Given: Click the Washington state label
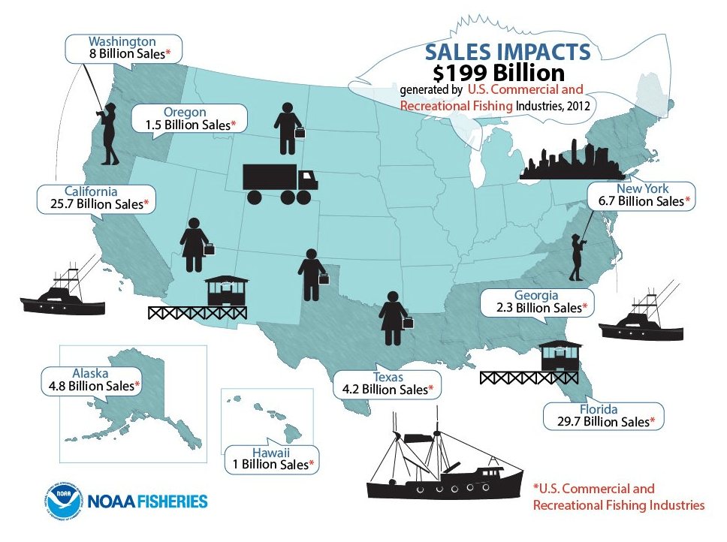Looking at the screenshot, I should tap(122, 41).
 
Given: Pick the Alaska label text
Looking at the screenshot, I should tap(90, 372).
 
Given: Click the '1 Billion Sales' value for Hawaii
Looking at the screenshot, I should tap(269, 464).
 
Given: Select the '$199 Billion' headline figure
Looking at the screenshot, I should tap(499, 73).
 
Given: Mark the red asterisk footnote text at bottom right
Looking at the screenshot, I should tap(618, 497).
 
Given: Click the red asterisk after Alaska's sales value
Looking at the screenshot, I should tap(137, 386).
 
